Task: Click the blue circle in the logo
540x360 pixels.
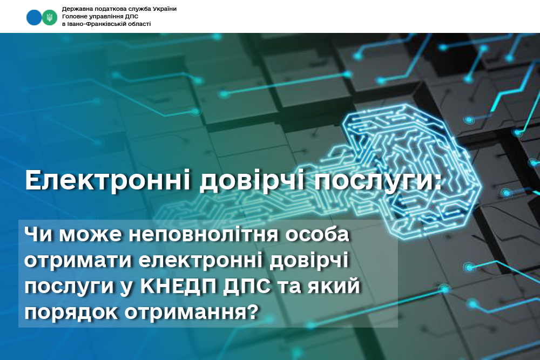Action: [x=34, y=17]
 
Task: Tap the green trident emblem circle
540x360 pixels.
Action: [x=50, y=17]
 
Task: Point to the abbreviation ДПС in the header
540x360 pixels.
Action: [x=132, y=17]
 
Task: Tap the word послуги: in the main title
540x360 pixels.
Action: [x=377, y=181]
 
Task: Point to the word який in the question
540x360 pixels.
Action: [x=334, y=287]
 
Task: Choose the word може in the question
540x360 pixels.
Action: [x=90, y=235]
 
